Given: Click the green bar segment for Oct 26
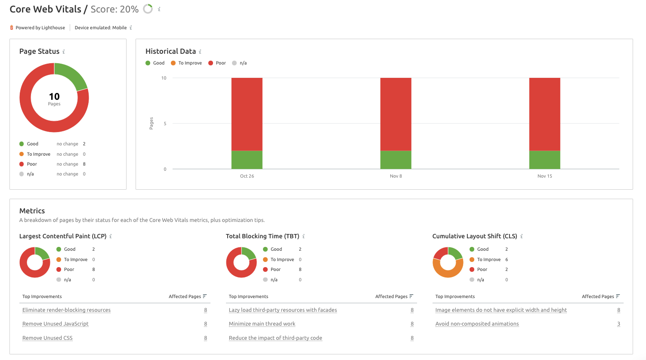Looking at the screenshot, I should point(247,160).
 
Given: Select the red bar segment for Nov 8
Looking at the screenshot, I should point(396,114).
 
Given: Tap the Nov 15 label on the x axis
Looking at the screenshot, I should point(544,176).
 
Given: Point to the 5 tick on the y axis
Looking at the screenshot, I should point(165,123).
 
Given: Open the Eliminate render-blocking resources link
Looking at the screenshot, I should point(66,310).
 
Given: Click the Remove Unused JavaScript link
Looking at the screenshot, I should point(55,324).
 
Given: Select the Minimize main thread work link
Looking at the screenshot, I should point(262,324).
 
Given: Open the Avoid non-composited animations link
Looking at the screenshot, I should point(477,324).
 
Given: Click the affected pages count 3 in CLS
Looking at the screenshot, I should point(618,324).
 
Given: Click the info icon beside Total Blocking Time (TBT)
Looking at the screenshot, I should point(303,236).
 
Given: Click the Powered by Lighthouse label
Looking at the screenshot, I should point(40,28).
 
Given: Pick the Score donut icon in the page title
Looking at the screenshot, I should point(148,9).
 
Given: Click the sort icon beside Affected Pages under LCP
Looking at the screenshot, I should point(205,296).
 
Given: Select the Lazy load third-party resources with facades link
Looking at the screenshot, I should point(283,310).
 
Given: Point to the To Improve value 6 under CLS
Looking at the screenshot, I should point(507,259).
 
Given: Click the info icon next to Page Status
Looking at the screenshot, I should point(64,52).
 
